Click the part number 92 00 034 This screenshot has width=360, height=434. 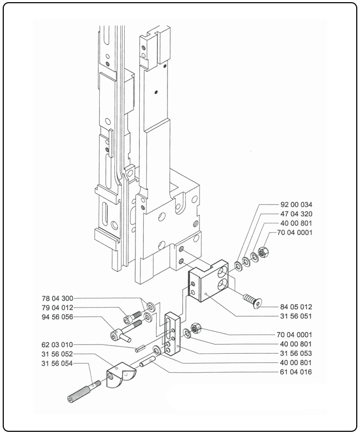tap(297, 205)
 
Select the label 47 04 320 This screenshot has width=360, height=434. tap(297, 214)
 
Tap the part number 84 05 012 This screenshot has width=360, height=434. tap(297, 307)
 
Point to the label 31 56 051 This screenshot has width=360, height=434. tap(297, 316)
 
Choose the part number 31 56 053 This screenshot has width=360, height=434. tap(297, 353)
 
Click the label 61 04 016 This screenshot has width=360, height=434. tap(297, 372)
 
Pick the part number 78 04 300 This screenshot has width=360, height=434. tap(57, 298)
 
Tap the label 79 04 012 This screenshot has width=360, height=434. tap(57, 308)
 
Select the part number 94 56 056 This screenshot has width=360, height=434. tap(57, 317)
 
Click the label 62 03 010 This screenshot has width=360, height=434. tap(57, 344)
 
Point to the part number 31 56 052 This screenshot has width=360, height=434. tap(57, 354)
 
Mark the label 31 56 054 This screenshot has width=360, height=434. tap(57, 363)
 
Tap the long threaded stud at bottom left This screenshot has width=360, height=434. tap(84, 391)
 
